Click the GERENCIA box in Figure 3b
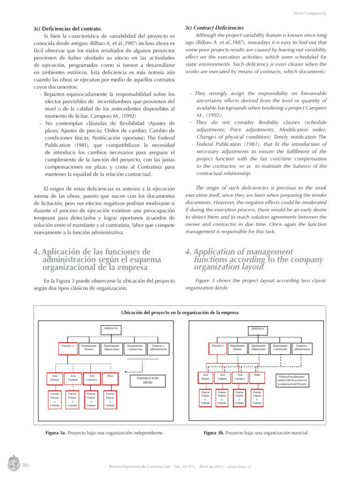tap(258, 329)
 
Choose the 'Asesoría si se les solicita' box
tap(148, 380)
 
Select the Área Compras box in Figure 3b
tap(223, 377)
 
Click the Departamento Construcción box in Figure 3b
tap(280, 348)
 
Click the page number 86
tap(26, 465)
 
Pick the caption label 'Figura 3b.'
tap(214, 433)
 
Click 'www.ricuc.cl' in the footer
tap(240, 467)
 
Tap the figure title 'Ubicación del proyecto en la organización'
tap(180, 313)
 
